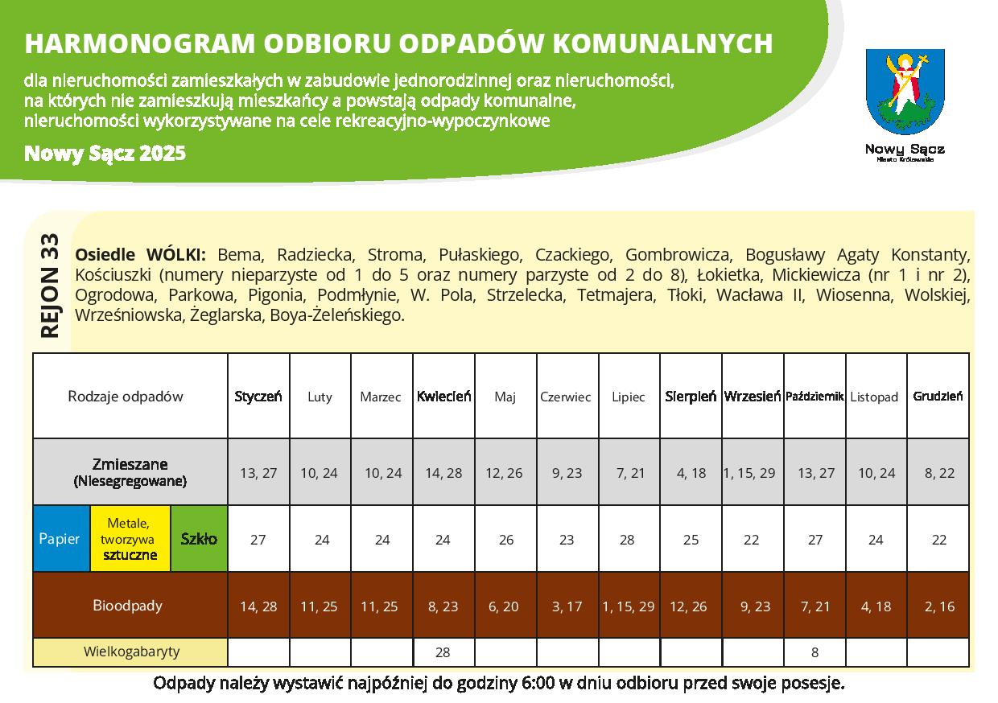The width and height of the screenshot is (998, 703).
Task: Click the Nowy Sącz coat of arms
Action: [x=905, y=92]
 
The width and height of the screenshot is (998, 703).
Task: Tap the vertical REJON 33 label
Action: [x=50, y=286]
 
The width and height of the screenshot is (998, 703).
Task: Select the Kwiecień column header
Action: [x=443, y=397]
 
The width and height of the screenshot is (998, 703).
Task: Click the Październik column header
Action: [x=814, y=397]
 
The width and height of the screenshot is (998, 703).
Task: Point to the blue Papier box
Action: [x=60, y=539]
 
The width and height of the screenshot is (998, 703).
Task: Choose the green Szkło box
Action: [x=199, y=539]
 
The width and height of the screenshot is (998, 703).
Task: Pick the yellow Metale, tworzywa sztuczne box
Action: [x=130, y=539]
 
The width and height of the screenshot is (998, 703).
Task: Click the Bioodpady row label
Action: [x=128, y=606]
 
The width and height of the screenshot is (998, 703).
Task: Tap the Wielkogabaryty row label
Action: [x=131, y=652]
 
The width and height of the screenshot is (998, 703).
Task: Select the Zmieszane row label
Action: [x=130, y=472]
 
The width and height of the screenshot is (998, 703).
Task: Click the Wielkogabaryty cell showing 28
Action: [x=443, y=652]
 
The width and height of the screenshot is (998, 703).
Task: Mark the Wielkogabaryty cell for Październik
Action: [x=814, y=652]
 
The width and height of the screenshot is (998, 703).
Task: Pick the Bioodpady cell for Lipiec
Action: [x=629, y=606]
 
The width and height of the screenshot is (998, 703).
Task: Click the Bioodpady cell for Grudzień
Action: [x=938, y=606]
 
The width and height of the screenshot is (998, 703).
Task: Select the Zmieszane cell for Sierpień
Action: [x=691, y=473]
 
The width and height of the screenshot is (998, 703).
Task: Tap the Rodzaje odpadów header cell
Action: [x=126, y=397]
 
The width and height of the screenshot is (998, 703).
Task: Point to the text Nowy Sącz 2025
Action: [x=105, y=153]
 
